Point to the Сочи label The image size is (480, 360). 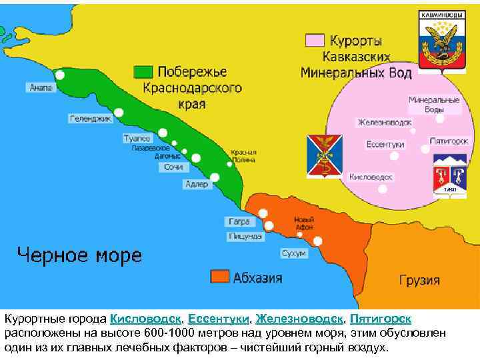point(173,167)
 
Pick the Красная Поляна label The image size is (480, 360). point(242,156)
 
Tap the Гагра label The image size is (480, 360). point(239,221)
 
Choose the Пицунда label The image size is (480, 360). point(245,236)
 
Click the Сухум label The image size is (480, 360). point(293,253)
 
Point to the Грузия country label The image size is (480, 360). point(419,279)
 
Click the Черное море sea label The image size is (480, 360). point(79,255)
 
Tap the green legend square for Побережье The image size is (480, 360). point(143,71)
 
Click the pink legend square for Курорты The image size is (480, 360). point(314,40)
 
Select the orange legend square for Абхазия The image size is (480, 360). point(219,277)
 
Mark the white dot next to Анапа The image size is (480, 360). point(59,75)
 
